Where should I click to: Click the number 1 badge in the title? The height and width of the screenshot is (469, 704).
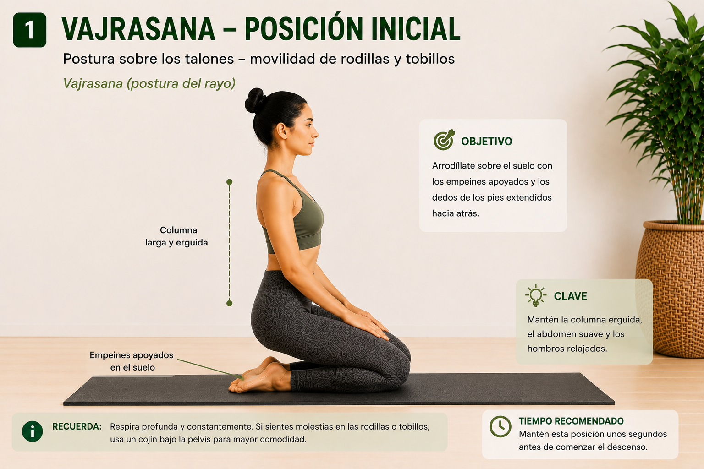coord(29,30)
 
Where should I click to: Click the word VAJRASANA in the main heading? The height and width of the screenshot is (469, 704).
coord(138,29)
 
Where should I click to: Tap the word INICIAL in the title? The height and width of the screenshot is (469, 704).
coord(416,29)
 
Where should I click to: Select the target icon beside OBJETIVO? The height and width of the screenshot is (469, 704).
coord(444,140)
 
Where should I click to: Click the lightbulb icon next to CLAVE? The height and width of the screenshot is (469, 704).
coord(535,295)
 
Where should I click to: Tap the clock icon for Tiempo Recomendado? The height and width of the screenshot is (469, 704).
coord(500,426)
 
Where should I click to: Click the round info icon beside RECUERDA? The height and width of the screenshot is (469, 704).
coord(33,431)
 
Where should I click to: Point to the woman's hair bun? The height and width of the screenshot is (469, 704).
coord(255,100)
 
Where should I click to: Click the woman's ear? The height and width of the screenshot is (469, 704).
coord(281,131)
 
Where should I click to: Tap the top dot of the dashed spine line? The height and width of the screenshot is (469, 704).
coord(230,182)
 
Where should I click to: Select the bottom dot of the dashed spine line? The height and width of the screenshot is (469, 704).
coord(230,304)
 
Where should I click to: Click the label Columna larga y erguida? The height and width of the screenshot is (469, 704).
coord(176,236)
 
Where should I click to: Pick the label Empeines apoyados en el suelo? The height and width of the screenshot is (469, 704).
coord(132,361)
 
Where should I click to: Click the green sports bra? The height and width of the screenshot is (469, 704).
coord(296,217)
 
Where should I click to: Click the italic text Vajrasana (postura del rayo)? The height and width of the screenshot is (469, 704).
coord(149,83)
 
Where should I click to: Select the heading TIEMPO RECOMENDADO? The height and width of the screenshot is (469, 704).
coord(571,421)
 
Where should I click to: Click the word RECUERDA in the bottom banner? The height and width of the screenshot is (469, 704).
coord(77,426)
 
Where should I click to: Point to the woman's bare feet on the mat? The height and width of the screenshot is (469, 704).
coord(259,376)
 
